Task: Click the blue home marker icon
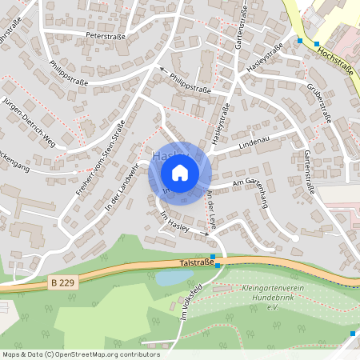click(180, 172)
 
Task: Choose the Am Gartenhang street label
click(247, 184)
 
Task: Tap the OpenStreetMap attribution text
click(80, 354)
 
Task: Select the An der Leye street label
click(211, 210)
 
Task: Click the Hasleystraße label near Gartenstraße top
click(265, 60)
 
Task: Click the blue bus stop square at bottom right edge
click(353, 333)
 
